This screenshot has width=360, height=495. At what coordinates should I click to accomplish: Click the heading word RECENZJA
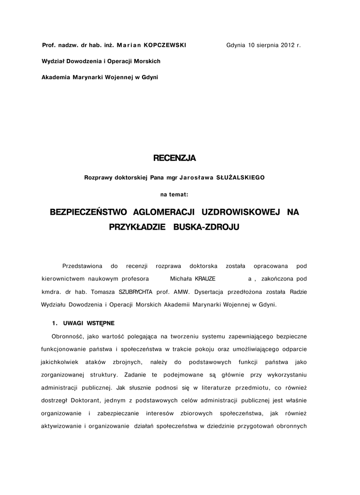(174, 158)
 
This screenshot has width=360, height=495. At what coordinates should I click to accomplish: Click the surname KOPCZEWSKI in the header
(165, 45)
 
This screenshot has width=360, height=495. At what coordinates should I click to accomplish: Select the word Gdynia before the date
(236, 45)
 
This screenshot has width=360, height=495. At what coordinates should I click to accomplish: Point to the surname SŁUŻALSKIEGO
(241, 177)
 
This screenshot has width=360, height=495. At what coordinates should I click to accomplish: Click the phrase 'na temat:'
(174, 195)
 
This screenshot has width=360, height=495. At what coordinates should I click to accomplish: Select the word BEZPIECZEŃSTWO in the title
(88, 212)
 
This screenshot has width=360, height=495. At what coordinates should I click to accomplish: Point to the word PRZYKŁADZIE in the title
(137, 227)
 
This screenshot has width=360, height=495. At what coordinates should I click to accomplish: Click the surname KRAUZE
(205, 279)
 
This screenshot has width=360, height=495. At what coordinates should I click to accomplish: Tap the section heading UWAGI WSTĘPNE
(88, 322)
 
